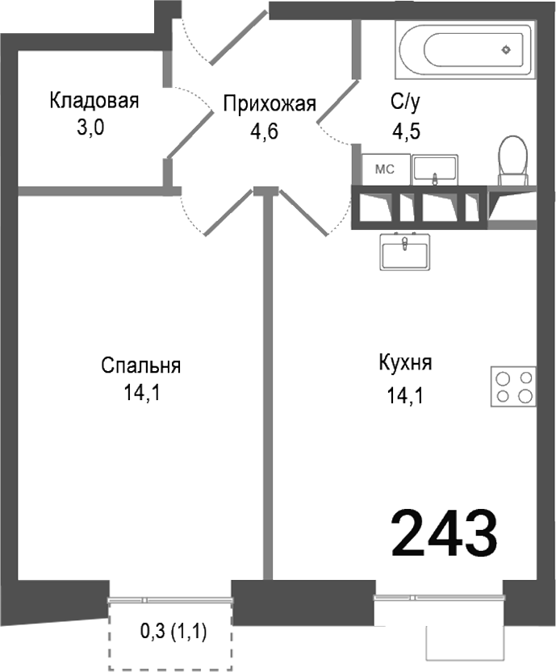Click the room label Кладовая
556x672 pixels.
(x=94, y=101)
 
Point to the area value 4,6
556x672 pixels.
(x=264, y=131)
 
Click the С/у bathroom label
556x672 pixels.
(x=407, y=102)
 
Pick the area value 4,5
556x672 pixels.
(x=407, y=130)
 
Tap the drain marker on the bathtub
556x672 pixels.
(x=506, y=48)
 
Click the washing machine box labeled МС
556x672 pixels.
(x=384, y=169)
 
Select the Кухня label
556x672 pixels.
(x=405, y=363)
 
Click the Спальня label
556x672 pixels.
(x=141, y=365)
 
